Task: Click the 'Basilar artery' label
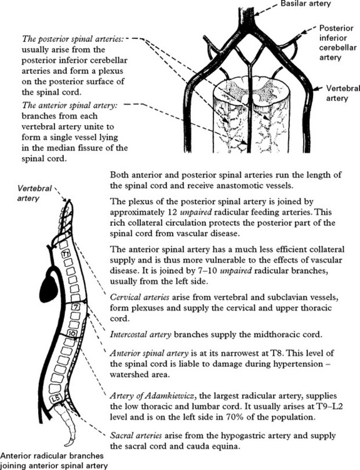[306, 4]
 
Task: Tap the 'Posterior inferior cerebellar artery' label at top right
[338, 43]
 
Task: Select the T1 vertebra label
[66, 254]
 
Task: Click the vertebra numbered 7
[76, 307]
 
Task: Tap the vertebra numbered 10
[72, 333]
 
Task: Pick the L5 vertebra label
[56, 399]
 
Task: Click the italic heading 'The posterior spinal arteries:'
[73, 39]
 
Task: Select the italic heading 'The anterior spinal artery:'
[69, 105]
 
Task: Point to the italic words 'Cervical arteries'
[140, 297]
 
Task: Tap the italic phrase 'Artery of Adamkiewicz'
[153, 395]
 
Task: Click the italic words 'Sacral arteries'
[136, 436]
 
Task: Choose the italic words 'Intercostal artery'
[141, 335]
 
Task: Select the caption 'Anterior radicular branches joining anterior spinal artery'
[54, 461]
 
